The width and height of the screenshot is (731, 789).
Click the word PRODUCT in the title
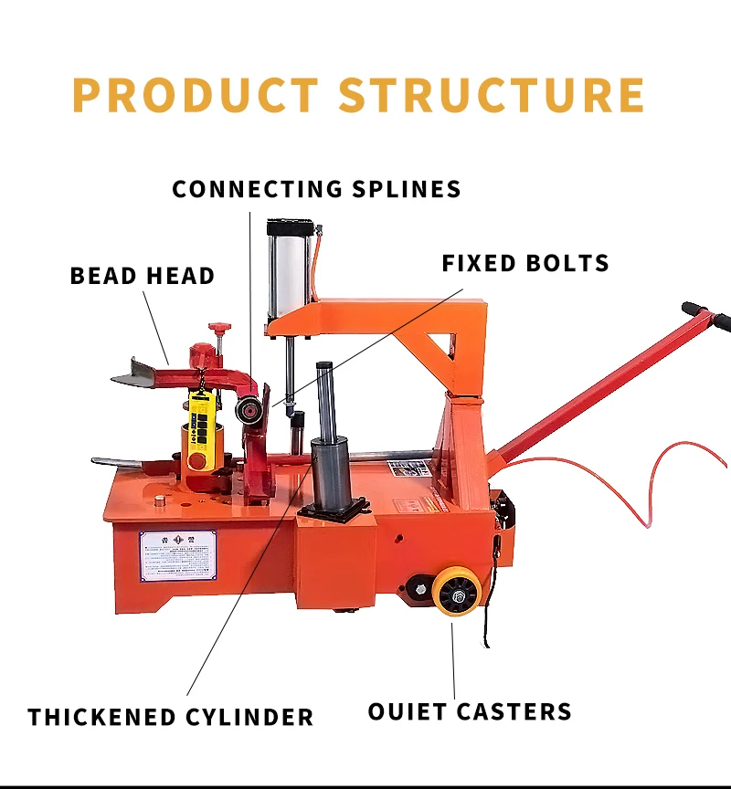coord(195,95)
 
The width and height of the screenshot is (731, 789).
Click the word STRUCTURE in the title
coord(492,95)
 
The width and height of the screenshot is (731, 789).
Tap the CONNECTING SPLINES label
coord(316,189)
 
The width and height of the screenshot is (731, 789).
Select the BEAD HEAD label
coord(143,276)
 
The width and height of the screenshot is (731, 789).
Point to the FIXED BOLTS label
coord(525,264)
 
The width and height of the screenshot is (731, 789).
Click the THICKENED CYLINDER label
coord(171,717)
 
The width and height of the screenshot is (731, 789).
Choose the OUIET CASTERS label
coord(470,711)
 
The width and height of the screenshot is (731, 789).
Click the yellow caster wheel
coord(457,592)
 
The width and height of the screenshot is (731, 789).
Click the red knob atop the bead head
coord(217,327)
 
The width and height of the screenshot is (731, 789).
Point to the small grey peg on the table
coord(159,500)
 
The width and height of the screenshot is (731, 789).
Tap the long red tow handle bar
coord(594,384)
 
